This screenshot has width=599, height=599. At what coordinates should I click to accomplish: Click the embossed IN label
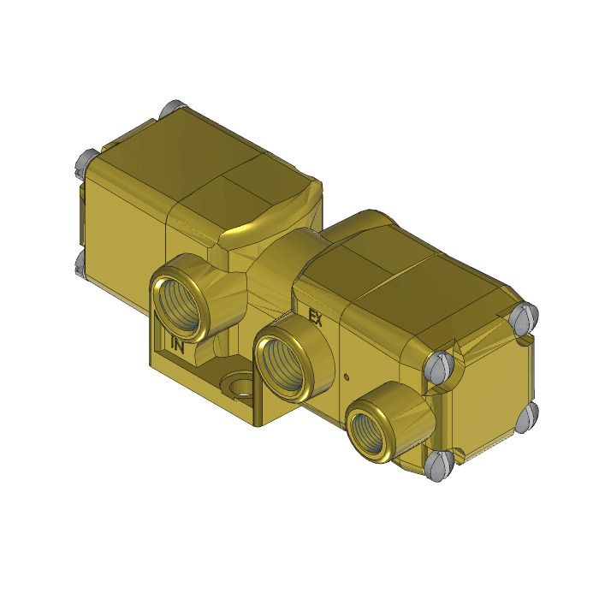click(178, 346)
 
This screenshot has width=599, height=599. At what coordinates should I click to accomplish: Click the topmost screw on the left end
click(168, 110)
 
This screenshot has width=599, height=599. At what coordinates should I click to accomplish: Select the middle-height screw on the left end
click(86, 160)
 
